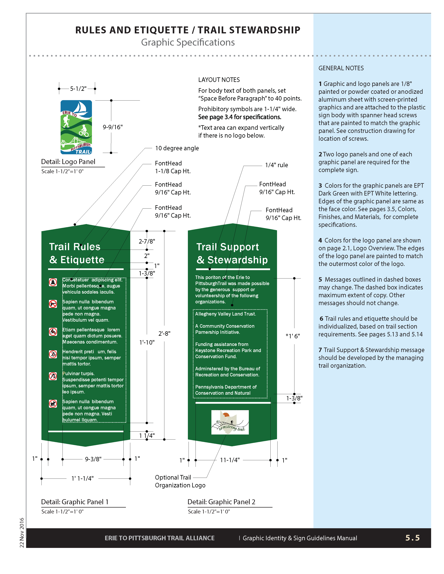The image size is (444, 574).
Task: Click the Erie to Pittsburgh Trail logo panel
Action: point(76,127)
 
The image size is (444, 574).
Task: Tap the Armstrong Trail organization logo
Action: point(230,422)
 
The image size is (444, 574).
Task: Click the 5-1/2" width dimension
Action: point(78,89)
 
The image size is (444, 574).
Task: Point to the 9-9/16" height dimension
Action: point(113,127)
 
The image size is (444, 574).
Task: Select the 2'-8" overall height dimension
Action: point(164,333)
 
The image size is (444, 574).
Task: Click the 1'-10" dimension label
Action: point(147,342)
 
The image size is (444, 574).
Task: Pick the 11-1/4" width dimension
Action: point(230,460)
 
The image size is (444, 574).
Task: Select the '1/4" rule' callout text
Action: point(276,165)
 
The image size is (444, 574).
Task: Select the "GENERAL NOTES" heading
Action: point(341,68)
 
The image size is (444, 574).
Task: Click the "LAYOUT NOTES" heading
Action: point(219,80)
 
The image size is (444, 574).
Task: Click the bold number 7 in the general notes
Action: point(320,350)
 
